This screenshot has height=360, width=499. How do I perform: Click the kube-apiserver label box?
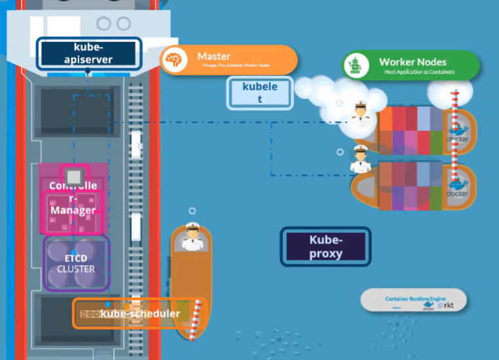tap(89, 53)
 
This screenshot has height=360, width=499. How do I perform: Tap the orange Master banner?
tap(229, 60)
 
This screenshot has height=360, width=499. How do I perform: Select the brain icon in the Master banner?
tap(174, 60)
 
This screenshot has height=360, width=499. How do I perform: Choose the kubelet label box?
tap(260, 92)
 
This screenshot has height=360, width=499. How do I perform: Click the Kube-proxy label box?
tap(325, 246)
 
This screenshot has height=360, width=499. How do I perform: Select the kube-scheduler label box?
tap(139, 314)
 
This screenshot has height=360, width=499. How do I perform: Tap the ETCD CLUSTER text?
tap(76, 264)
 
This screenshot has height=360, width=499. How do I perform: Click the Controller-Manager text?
tap(73, 198)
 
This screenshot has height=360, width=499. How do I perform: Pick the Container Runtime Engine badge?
tap(414, 300)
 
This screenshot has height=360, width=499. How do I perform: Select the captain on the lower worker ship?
tap(360, 158)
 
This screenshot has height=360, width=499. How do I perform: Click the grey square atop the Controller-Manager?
tap(74, 175)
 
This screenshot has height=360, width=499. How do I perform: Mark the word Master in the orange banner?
tap(214, 56)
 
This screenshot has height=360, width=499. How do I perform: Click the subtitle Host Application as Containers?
tap(419, 71)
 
